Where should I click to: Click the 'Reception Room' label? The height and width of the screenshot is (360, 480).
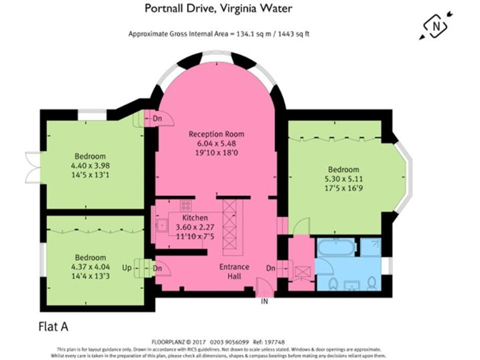click(217, 134)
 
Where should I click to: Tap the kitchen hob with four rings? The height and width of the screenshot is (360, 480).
click(186, 204)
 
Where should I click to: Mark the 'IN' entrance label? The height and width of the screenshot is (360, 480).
click(265, 301)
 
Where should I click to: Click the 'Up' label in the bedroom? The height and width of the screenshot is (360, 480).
click(127, 268)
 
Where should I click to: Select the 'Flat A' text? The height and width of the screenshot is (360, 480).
click(54, 326)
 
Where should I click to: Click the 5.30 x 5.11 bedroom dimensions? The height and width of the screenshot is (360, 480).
click(343, 179)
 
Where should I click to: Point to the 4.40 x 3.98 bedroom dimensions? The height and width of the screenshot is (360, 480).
click(90, 166)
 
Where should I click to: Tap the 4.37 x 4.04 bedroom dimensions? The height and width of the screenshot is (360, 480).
click(90, 267)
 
